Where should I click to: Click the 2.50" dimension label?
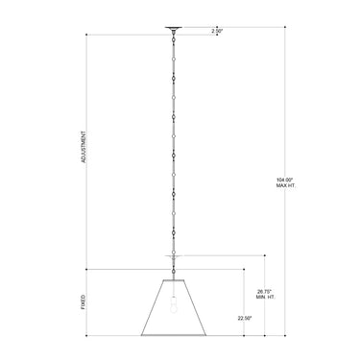point(217,32)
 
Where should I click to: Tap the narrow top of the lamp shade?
point(174,277)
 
